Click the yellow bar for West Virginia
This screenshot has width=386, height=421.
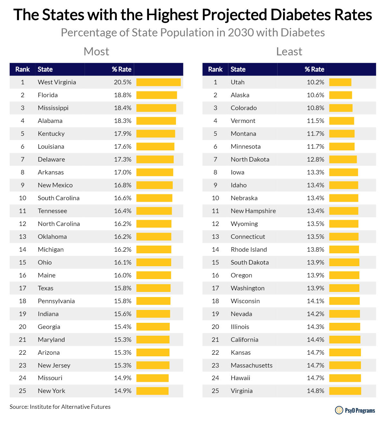158,82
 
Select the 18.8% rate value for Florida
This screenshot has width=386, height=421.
123,95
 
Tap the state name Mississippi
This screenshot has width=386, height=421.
53,108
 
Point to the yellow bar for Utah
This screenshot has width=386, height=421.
340,82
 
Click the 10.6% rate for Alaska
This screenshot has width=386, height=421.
316,95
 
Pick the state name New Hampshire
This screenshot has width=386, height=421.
253,211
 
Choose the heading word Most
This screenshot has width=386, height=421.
96,51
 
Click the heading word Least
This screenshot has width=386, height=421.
289,51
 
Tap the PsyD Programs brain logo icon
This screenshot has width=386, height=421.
339,410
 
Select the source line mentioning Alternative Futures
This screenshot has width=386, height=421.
60,407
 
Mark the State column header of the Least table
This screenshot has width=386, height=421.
238,69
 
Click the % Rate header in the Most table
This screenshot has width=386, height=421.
122,69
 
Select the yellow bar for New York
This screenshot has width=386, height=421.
152,391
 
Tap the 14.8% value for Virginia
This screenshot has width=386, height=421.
316,391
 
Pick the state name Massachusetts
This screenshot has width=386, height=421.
252,365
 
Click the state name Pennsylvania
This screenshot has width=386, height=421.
56,301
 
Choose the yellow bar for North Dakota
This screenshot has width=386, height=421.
343,160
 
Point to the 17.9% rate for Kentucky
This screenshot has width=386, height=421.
123,134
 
